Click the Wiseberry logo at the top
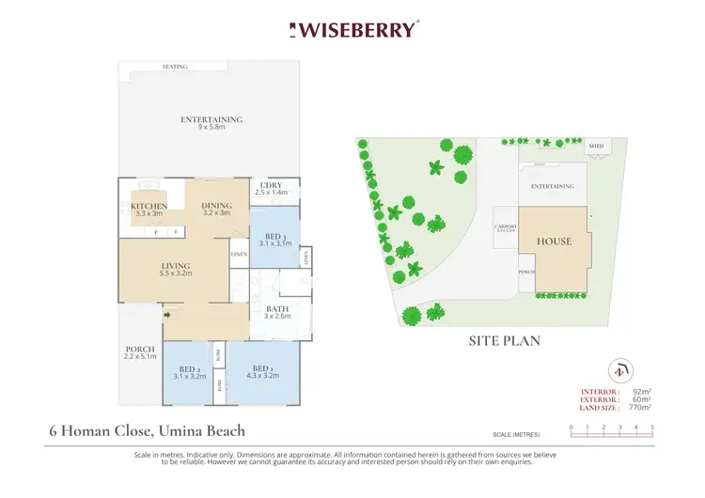tap(352, 29)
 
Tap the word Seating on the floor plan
tap(175, 67)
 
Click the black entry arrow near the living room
tap(166, 316)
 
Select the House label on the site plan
tap(554, 241)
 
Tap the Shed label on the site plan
tap(596, 148)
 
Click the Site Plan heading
tap(505, 340)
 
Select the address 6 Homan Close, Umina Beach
tap(148, 431)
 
